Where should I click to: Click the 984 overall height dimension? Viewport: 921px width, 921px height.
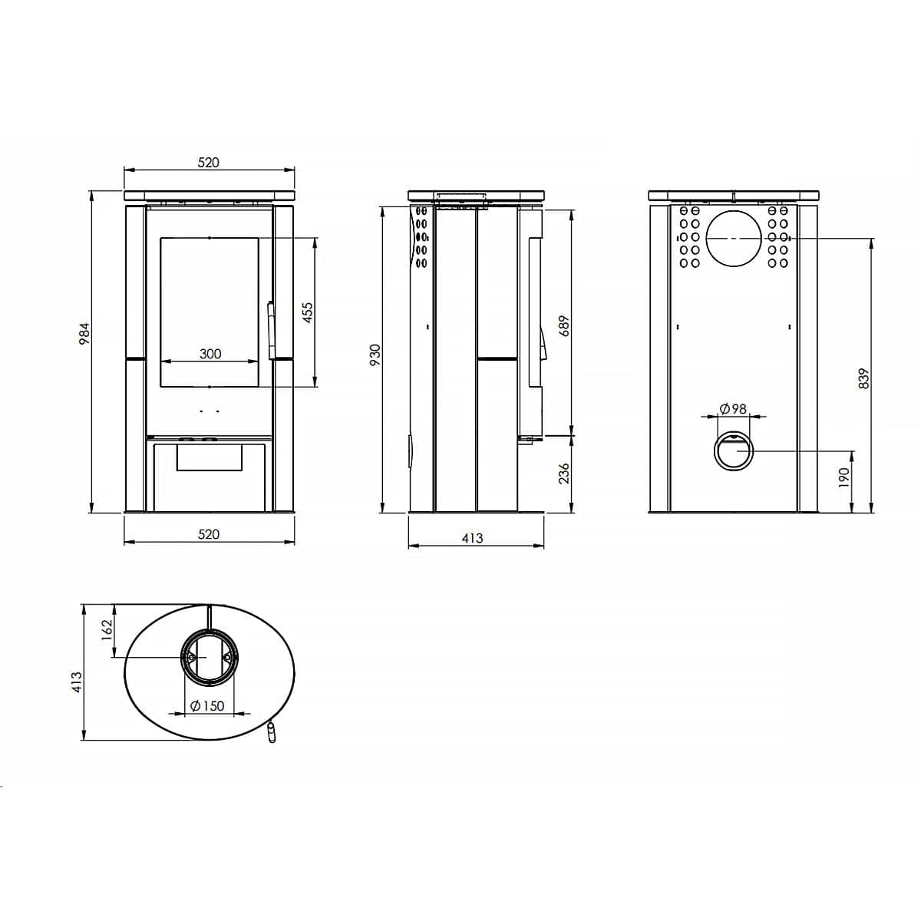pyautogui.click(x=84, y=334)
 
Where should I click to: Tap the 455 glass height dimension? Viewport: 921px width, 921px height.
pyautogui.click(x=309, y=312)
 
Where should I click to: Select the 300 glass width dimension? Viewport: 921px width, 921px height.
pyautogui.click(x=210, y=354)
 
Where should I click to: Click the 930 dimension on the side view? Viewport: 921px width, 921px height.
pyautogui.click(x=375, y=355)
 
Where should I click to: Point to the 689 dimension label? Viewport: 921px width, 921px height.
pyautogui.click(x=564, y=326)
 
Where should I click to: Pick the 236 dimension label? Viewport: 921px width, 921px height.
pyautogui.click(x=564, y=474)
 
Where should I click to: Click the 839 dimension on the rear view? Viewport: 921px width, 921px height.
pyautogui.click(x=865, y=378)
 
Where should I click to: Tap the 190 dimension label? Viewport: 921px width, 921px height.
pyautogui.click(x=844, y=478)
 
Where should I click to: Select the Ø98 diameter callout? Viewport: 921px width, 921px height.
pyautogui.click(x=733, y=409)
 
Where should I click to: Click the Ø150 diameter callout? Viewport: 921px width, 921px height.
pyautogui.click(x=207, y=706)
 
